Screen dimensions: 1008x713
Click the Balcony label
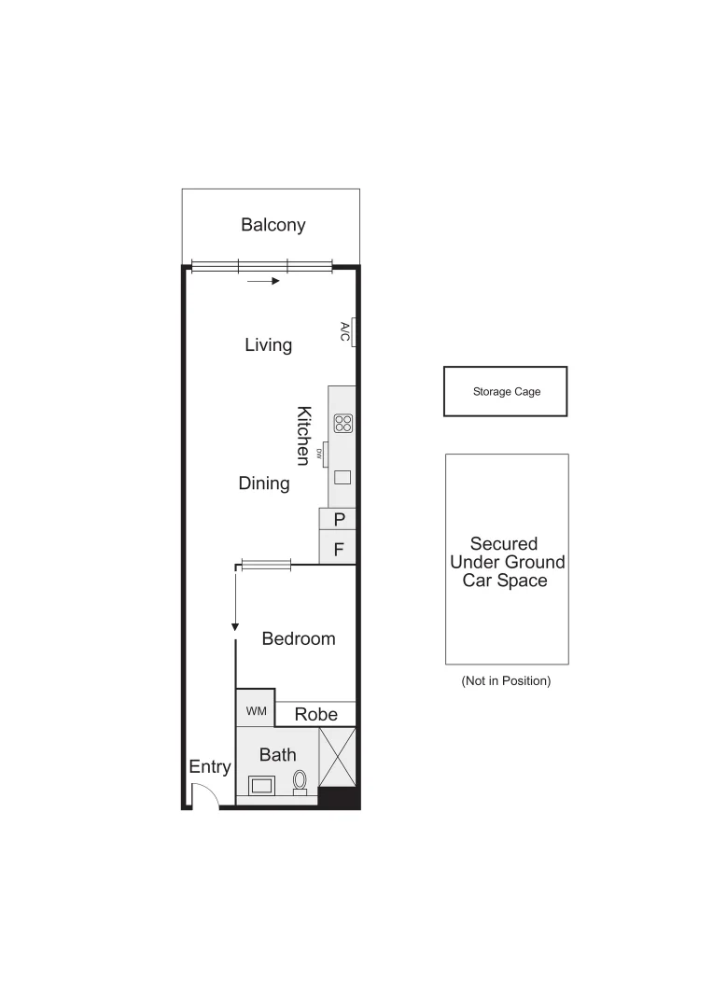tap(273, 225)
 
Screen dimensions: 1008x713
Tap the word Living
tap(268, 345)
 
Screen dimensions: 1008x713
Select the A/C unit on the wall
tap(345, 331)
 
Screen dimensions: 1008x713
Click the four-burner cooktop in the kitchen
tap(343, 424)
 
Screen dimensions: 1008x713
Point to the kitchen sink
tap(343, 478)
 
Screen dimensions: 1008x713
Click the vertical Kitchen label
tap(303, 435)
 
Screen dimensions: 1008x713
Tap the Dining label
tap(264, 483)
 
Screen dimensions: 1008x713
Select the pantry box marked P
tap(339, 520)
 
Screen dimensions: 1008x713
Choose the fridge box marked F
tap(339, 549)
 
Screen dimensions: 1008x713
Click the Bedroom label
tap(298, 639)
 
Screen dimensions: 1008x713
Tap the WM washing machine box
tap(256, 712)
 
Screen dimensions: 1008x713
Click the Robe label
tap(315, 715)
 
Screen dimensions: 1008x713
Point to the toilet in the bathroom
tap(301, 781)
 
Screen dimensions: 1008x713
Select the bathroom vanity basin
tap(261, 785)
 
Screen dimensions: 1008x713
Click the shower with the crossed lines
tap(338, 757)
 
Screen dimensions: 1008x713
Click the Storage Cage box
tap(505, 392)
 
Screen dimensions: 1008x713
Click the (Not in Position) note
tap(506, 681)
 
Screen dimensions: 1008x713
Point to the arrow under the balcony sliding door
tap(264, 280)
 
